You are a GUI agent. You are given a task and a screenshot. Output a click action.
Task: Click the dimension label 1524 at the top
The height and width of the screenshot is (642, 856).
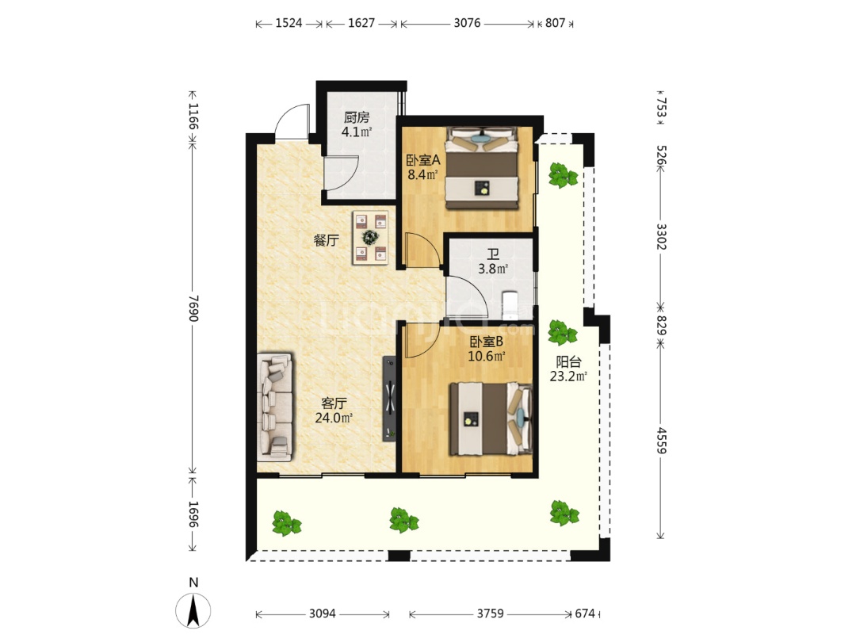[x=289, y=23]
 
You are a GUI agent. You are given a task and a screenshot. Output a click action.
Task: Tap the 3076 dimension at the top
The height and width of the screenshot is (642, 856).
[x=468, y=23]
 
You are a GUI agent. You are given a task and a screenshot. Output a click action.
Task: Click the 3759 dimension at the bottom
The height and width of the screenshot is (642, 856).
[x=491, y=613]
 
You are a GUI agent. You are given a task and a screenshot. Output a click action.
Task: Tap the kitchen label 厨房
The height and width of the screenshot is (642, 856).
[x=357, y=117]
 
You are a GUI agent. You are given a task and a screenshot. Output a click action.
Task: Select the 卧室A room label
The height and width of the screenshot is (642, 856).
[x=423, y=160]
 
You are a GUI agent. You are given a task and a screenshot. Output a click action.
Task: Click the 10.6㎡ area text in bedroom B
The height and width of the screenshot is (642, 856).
[x=486, y=357]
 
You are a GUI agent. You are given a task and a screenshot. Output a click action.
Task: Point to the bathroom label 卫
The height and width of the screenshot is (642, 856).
[x=493, y=255]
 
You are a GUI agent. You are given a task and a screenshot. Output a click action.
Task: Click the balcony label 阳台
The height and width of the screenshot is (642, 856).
[x=568, y=362]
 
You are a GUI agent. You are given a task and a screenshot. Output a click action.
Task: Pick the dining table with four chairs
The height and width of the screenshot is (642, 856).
[x=371, y=238]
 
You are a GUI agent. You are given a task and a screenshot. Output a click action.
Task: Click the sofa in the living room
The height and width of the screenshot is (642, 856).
[x=275, y=407]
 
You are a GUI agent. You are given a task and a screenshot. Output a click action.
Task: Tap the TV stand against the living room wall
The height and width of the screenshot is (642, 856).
[x=390, y=399]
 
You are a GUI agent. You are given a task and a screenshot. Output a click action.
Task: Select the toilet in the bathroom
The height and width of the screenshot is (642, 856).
[x=510, y=305]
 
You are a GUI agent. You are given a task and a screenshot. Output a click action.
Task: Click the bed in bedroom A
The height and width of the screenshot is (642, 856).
[x=482, y=168]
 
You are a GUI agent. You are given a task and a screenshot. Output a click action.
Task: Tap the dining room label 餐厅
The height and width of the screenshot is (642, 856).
[x=327, y=240]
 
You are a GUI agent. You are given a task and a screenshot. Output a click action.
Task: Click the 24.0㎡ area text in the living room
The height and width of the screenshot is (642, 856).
[x=334, y=418]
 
